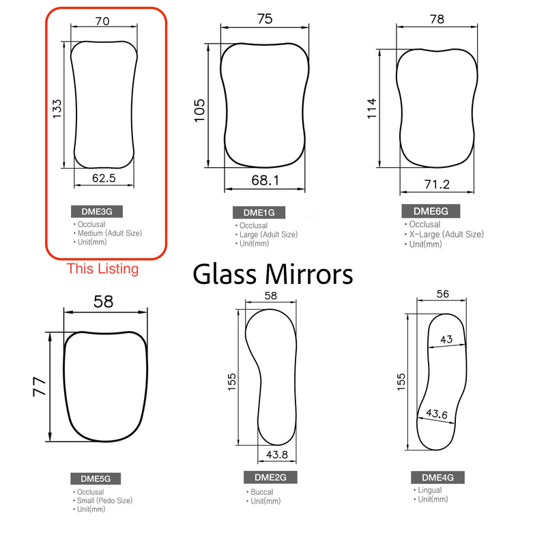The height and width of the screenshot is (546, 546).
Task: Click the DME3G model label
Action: [97, 212]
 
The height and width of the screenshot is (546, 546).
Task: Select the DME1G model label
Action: [259, 213]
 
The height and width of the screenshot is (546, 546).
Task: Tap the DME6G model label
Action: [430, 211]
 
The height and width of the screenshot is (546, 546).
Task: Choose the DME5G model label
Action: [96, 480]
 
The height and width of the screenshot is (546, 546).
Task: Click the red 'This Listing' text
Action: [102, 269]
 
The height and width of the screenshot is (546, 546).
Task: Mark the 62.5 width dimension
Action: [104, 178]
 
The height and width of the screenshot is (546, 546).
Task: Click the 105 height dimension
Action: [199, 109]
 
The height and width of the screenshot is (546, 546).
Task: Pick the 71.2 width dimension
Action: [436, 184]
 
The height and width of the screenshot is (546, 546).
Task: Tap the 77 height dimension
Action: [40, 386]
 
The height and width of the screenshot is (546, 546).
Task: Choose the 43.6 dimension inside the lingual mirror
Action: [437, 414]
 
